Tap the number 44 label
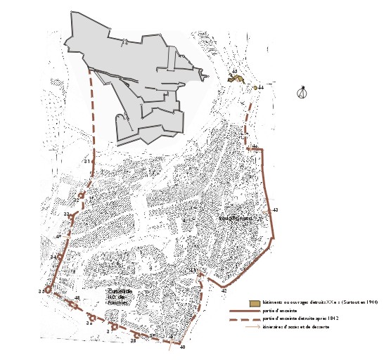(260, 87)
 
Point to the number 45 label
(234, 72)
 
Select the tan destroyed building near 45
(237, 81)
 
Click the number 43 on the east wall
(275, 210)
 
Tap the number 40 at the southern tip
(182, 347)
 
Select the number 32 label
(75, 200)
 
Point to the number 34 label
(53, 257)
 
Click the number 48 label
(77, 299)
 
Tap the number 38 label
(132, 341)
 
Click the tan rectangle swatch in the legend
(254, 302)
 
